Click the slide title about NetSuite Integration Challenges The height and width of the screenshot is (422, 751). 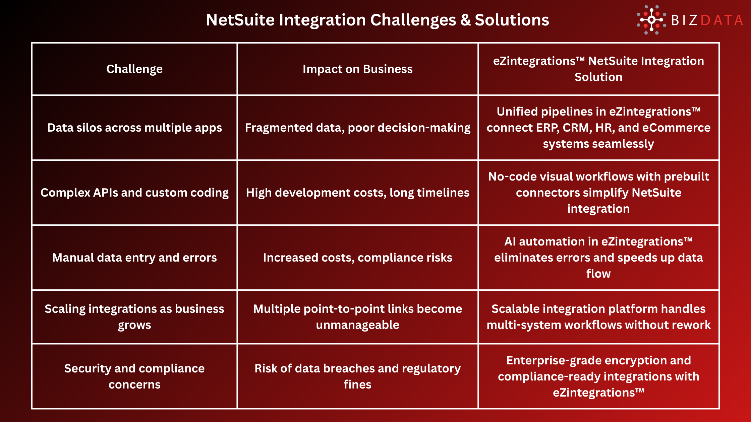pyautogui.click(x=377, y=20)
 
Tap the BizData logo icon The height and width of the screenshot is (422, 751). pyautogui.click(x=651, y=20)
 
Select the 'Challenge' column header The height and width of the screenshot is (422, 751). pyautogui.click(x=134, y=69)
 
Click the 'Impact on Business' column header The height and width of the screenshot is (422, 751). pyautogui.click(x=357, y=69)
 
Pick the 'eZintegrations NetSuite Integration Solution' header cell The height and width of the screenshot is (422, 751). pyautogui.click(x=598, y=69)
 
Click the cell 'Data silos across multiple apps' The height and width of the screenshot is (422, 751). pyautogui.click(x=134, y=128)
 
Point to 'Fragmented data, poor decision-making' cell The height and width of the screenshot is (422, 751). pyautogui.click(x=357, y=128)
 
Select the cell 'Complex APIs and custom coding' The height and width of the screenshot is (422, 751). pyautogui.click(x=134, y=193)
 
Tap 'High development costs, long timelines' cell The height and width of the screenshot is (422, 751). pyautogui.click(x=357, y=193)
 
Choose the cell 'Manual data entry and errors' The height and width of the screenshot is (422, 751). pyautogui.click(x=134, y=258)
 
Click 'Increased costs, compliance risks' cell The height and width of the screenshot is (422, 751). pyautogui.click(x=357, y=258)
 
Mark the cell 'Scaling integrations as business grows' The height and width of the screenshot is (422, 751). pyautogui.click(x=134, y=317)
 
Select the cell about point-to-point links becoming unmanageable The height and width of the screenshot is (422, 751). pyautogui.click(x=357, y=317)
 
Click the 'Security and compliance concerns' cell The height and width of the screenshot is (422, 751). pyautogui.click(x=134, y=376)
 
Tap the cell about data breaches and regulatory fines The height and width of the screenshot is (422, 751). pyautogui.click(x=357, y=376)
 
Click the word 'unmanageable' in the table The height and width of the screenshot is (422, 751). pyautogui.click(x=357, y=325)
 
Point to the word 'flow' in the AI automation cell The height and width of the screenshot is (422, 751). pyautogui.click(x=598, y=274)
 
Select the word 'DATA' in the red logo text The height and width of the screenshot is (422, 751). pyautogui.click(x=722, y=20)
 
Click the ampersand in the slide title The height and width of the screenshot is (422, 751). pyautogui.click(x=465, y=20)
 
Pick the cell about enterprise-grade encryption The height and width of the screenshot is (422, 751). pyautogui.click(x=598, y=376)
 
